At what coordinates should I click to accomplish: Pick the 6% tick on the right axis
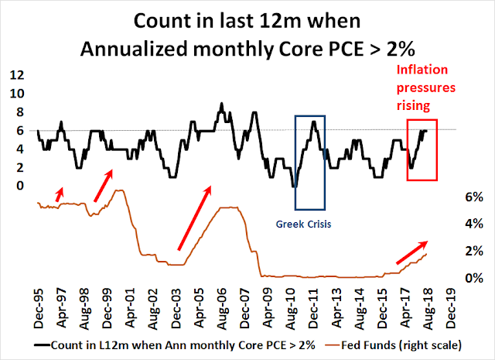tap(473, 197)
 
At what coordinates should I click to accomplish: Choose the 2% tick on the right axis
tap(473, 251)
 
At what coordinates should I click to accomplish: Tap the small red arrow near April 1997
tap(60, 193)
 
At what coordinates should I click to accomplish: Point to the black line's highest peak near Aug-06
tap(222, 103)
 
